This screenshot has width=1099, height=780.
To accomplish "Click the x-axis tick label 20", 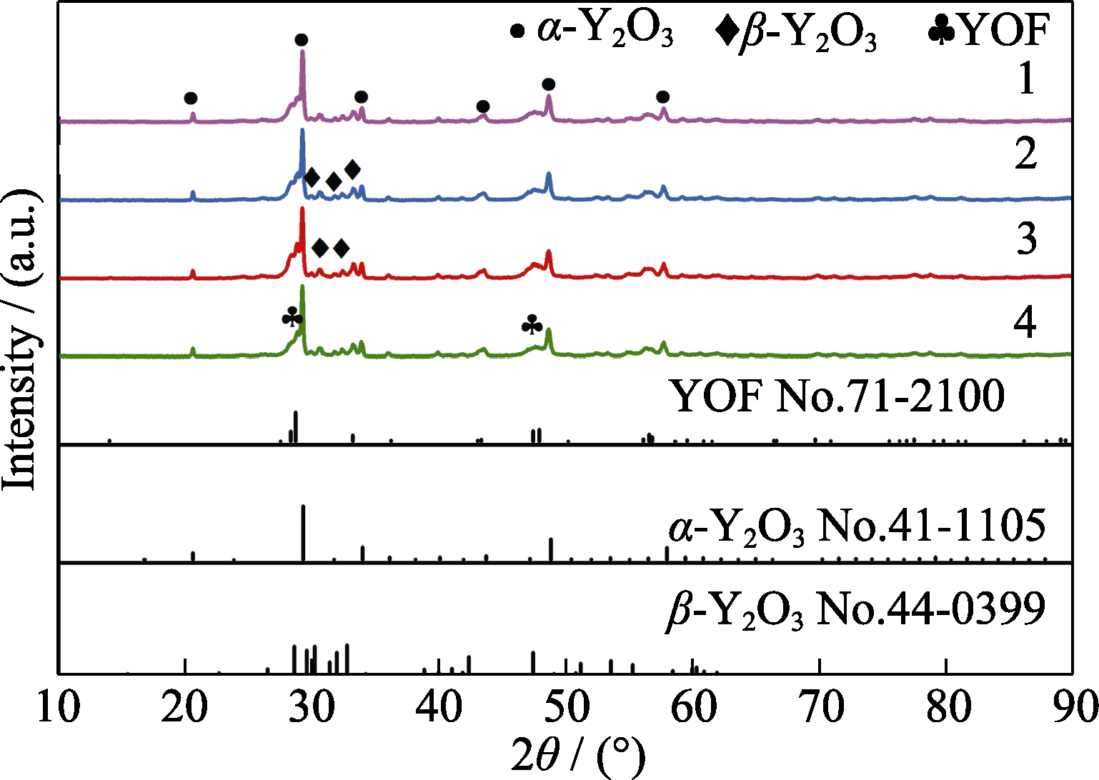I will (x=185, y=708).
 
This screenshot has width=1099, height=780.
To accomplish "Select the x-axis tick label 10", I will (x=59, y=708).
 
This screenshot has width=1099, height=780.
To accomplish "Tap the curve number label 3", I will (x=1026, y=238).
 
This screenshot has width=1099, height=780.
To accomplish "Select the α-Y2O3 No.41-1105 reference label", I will (x=857, y=526).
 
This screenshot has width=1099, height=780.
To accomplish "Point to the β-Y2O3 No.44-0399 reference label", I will (x=855, y=609).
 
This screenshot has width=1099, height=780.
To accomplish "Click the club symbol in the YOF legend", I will (x=942, y=31).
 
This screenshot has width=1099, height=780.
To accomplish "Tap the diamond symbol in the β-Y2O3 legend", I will (x=727, y=31).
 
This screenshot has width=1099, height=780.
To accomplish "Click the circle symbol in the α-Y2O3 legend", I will (x=517, y=31).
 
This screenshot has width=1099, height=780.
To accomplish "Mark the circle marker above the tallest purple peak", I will (x=302, y=39).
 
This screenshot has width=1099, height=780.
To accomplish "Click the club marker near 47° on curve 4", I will (x=532, y=326).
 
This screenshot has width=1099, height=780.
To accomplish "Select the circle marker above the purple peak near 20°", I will (x=190, y=98).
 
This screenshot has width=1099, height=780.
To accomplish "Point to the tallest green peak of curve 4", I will (x=303, y=288).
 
